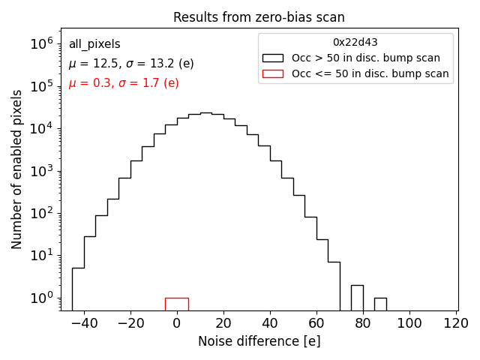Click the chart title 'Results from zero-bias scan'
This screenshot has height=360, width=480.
tap(259, 17)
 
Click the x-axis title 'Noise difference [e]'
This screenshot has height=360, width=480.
tap(259, 341)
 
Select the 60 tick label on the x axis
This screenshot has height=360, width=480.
tap(316, 323)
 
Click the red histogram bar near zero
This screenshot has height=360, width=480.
tap(177, 304)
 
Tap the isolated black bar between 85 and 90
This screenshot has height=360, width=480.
tap(380, 304)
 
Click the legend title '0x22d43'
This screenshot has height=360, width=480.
tap(355, 42)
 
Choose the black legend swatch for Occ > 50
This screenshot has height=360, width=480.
tap(273, 58)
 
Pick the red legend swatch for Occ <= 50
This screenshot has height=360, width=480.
tap(273, 73)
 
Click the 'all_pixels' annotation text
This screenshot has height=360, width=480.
tap(94, 44)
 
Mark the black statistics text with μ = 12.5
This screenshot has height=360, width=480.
tap(131, 64)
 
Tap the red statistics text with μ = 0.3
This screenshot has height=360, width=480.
tap(124, 83)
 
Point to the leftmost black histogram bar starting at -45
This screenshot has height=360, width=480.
tap(78, 289)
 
